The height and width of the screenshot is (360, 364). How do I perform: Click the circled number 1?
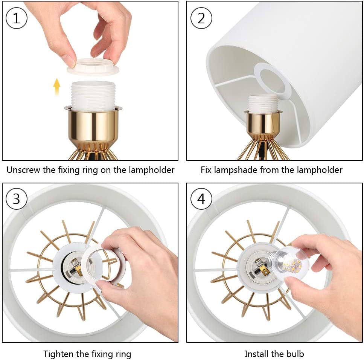pos(17,18)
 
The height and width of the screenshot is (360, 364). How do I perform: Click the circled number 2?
pos(201,18)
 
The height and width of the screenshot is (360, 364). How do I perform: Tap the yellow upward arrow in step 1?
pos(57,87)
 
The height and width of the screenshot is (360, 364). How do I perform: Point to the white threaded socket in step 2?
pos(263,103)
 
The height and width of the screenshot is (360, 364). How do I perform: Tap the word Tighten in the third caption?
pos(59,354)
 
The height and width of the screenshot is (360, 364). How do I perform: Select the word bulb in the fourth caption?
pos(295,354)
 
